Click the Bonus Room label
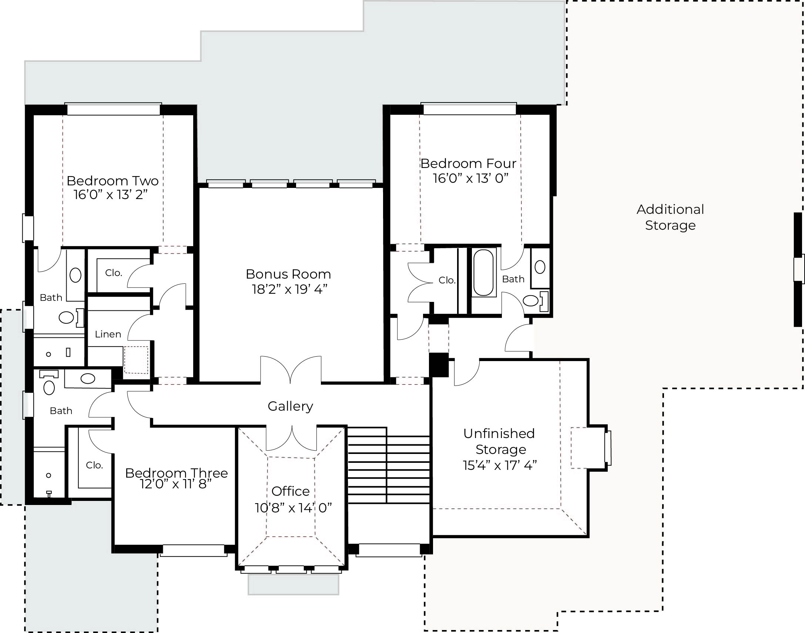point(288,274)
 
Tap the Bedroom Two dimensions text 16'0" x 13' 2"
point(111,195)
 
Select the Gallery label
point(290,406)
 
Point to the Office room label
point(290,491)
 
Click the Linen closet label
point(108,334)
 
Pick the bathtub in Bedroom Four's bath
point(483,272)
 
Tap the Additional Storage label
point(670,217)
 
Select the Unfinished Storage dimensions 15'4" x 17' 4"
point(500,465)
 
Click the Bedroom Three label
point(177,473)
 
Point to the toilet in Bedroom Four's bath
point(535,300)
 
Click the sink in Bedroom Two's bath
point(75,275)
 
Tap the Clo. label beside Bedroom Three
point(94,465)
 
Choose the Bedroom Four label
point(468,164)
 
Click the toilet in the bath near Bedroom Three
point(49,383)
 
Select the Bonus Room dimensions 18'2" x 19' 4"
point(289,289)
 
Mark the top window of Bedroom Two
point(113,109)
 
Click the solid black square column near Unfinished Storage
point(439,365)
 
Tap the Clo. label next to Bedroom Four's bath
point(447,280)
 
